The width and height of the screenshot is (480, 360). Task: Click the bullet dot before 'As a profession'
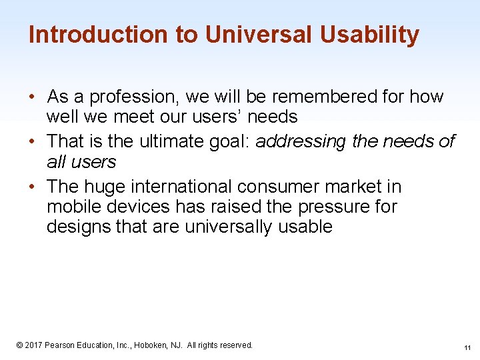click(32, 97)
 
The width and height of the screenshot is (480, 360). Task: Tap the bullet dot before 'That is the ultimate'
click(32, 141)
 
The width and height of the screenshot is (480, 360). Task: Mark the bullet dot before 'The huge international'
click(32, 187)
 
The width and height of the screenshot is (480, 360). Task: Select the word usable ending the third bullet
click(304, 227)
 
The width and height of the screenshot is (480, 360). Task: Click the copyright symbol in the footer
click(20, 345)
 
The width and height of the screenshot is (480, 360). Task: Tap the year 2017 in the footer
click(34, 345)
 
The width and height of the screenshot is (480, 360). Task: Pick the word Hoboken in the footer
click(151, 345)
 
